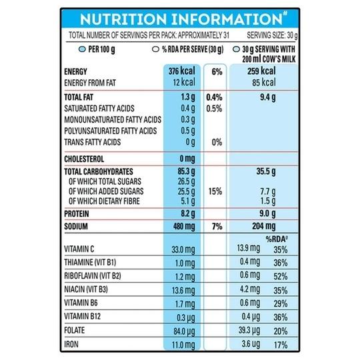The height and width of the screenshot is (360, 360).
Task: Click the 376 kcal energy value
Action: (181, 71)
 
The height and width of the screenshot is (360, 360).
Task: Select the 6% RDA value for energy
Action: (217, 71)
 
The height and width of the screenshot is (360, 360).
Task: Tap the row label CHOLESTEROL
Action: (84, 159)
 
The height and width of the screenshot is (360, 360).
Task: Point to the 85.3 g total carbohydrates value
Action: (186, 171)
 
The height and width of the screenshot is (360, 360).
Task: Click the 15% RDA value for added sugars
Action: (215, 191)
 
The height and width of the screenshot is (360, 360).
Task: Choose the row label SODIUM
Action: (76, 227)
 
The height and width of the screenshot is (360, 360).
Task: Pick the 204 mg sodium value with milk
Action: (264, 227)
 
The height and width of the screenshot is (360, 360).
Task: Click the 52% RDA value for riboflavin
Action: (280, 277)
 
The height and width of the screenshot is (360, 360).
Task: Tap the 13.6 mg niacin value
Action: (183, 291)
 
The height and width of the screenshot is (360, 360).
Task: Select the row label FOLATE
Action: (75, 330)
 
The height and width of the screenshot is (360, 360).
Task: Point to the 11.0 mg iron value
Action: (183, 345)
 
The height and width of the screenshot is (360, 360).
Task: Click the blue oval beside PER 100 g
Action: (82, 49)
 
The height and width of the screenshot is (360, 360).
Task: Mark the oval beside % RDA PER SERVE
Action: (155, 49)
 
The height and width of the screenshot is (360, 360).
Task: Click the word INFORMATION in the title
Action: (227, 19)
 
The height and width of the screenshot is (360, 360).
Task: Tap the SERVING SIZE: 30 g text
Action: (272, 35)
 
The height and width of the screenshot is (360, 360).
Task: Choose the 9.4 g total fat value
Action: (268, 97)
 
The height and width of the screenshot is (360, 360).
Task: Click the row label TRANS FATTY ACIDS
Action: (92, 142)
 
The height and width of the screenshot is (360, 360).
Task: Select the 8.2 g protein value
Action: (188, 214)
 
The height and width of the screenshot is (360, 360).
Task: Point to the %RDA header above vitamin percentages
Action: (277, 239)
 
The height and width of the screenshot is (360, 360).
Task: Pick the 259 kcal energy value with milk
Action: (261, 71)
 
